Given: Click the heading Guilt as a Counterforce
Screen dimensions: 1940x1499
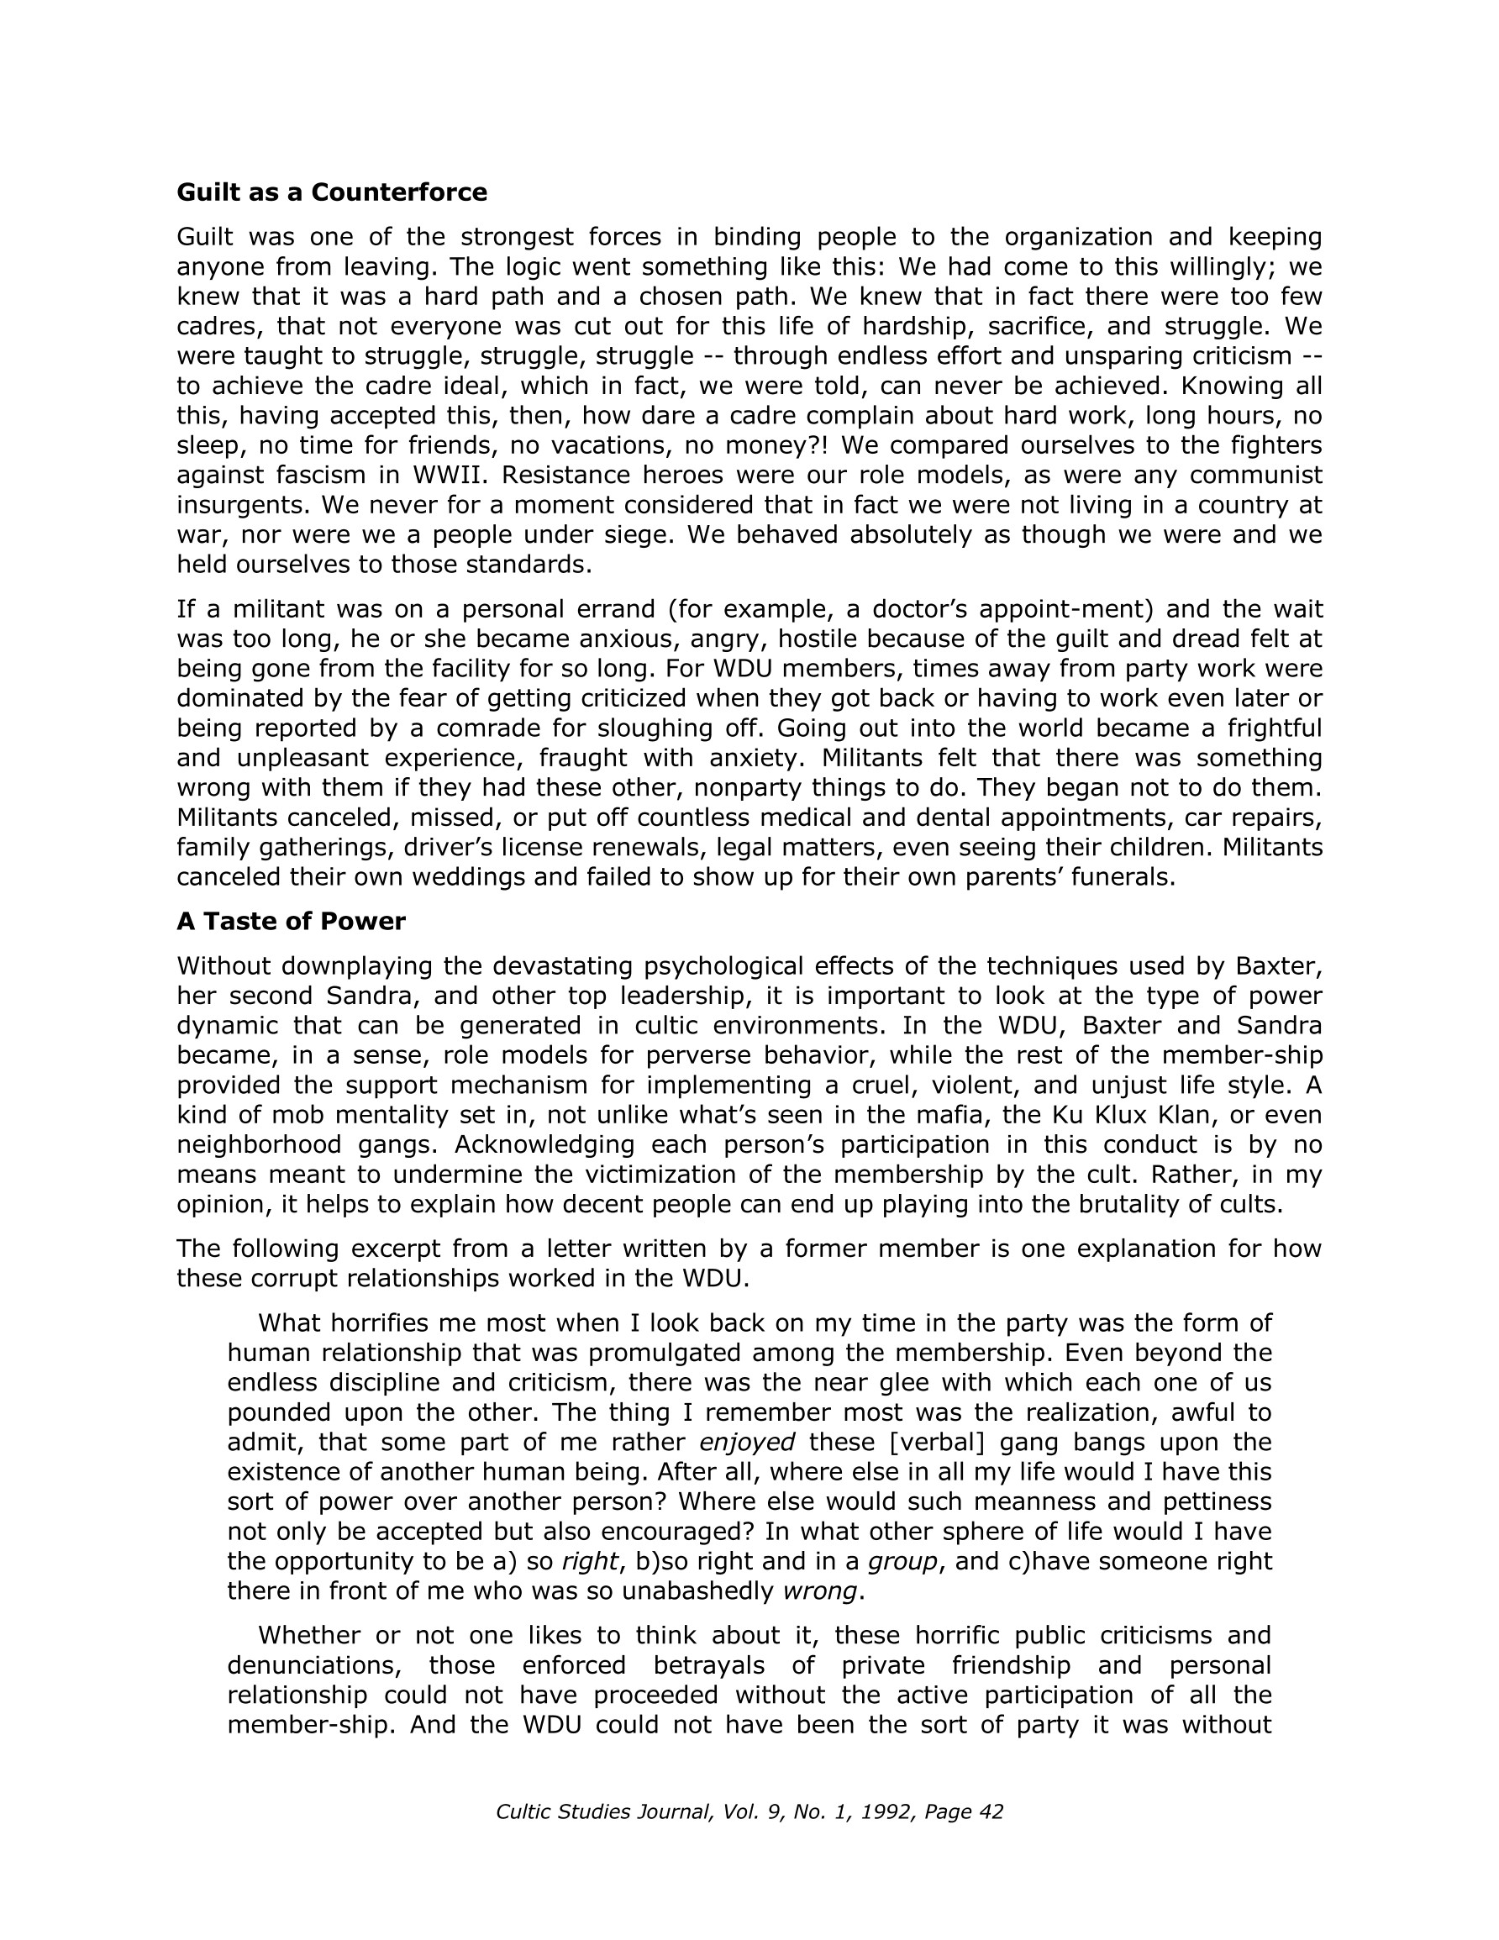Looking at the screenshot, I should [331, 192].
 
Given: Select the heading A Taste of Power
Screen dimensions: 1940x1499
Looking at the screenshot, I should [291, 921].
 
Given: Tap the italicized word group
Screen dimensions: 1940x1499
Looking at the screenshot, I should [902, 1561].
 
